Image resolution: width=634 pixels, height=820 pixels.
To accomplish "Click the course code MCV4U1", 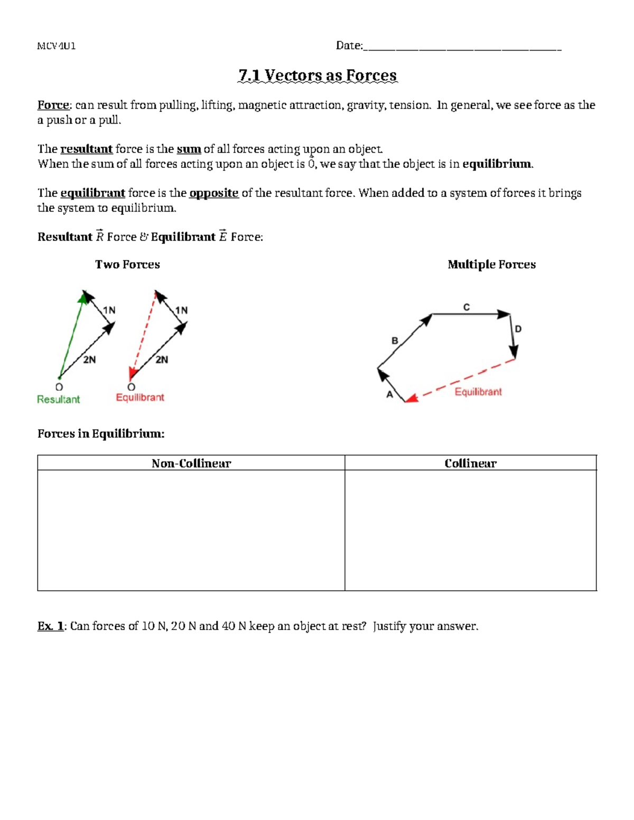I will tap(56, 46).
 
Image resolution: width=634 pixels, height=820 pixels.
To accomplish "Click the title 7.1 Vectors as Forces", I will tap(317, 76).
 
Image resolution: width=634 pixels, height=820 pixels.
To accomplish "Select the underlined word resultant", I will tap(86, 149).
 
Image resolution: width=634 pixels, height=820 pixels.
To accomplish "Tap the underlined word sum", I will tap(189, 149).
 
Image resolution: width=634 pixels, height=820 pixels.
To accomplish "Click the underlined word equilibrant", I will tap(92, 193).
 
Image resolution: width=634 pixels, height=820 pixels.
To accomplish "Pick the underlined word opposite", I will tap(213, 193).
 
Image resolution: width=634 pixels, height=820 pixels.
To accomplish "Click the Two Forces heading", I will tap(127, 265).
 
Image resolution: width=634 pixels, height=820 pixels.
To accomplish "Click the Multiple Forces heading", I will tap(491, 265).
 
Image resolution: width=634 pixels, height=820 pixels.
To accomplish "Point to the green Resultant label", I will tap(58, 400).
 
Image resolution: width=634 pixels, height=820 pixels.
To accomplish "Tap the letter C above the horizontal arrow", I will tap(467, 307).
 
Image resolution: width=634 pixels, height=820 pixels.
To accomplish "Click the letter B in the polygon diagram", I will tap(395, 341).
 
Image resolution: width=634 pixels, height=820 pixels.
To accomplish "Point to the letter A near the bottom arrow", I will tap(390, 394).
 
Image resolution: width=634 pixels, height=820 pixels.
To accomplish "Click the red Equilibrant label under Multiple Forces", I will tap(478, 392).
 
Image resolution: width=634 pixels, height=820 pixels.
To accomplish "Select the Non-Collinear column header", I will tap(191, 463).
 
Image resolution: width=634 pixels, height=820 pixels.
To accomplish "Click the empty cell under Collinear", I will tap(470, 530).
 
